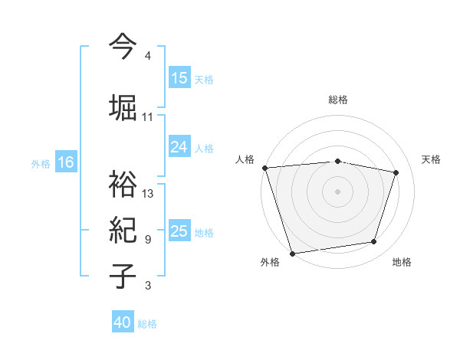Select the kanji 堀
coord(123,106)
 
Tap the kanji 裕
coord(123,184)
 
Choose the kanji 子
coord(123,276)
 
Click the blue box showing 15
coord(179,78)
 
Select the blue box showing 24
coord(179,147)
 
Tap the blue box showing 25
coord(179,231)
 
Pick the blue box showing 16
coord(66,162)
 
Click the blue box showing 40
coord(123,322)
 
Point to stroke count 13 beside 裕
coord(148,194)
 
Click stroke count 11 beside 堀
coord(148,117)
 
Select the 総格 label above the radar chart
coord(338,100)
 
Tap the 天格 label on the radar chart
coord(431,159)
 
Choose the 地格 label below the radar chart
coord(402,263)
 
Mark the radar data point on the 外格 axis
coord(292,253)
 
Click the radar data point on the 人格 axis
coord(264,168)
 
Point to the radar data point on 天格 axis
coord(396,172)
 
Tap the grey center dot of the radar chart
coord(338,191)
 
